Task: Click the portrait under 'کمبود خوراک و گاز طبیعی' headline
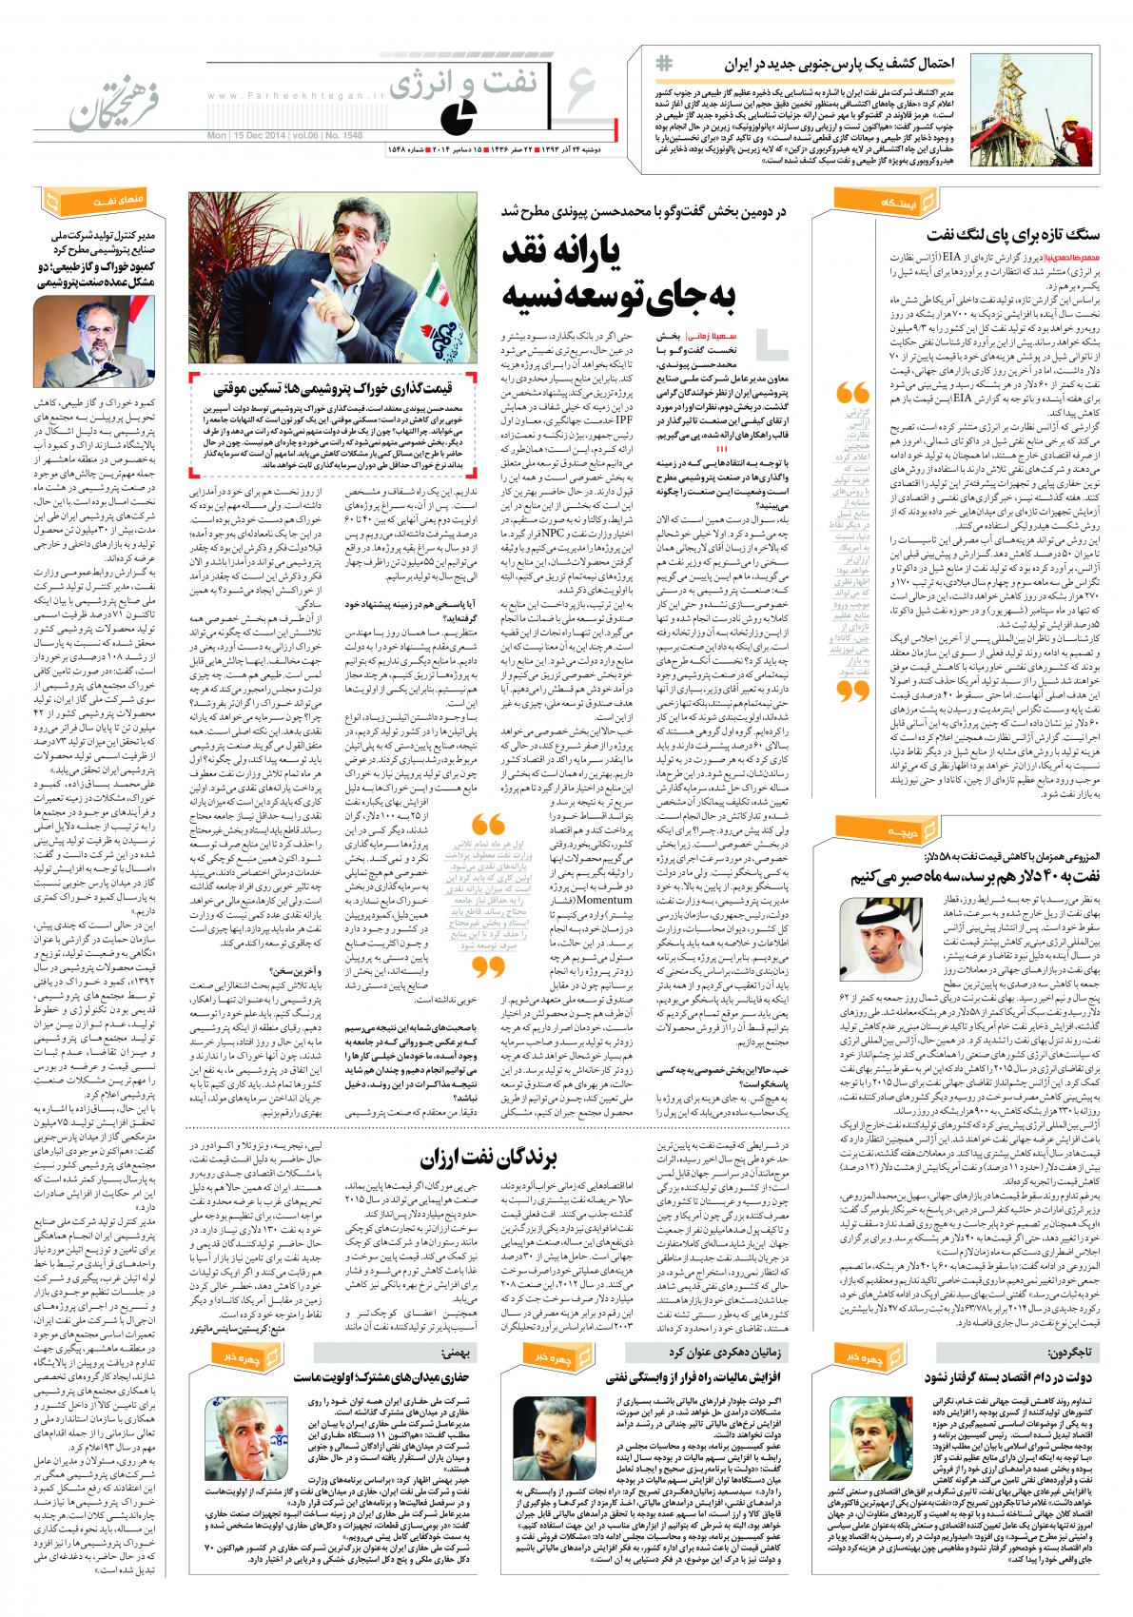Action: pyautogui.click(x=89, y=329)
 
